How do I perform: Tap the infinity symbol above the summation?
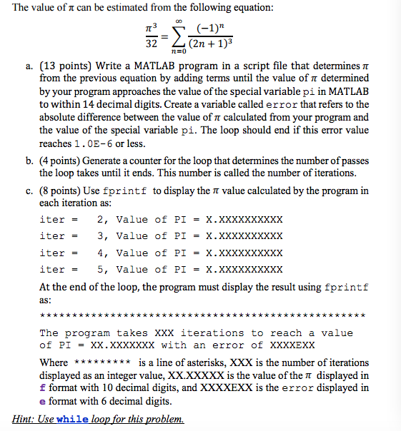click(179, 22)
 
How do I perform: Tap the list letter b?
click(29, 161)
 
